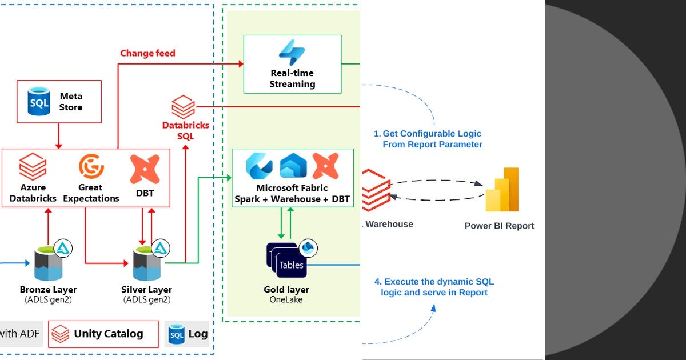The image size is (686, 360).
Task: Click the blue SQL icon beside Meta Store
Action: pyautogui.click(x=39, y=101)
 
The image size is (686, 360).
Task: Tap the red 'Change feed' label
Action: pyautogui.click(x=147, y=53)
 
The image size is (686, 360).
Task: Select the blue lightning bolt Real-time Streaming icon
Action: pyautogui.click(x=292, y=53)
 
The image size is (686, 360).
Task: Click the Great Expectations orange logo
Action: pyautogui.click(x=91, y=166)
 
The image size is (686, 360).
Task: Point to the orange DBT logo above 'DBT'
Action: pyautogui.click(x=145, y=169)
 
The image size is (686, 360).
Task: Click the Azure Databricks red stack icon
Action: pyautogui.click(x=33, y=166)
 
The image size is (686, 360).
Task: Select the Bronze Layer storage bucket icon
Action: pyautogui.click(x=49, y=263)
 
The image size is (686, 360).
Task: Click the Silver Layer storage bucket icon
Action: pyautogui.click(x=147, y=263)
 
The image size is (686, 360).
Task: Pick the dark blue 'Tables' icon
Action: pyautogui.click(x=286, y=260)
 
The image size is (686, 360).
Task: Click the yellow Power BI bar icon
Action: pyautogui.click(x=502, y=190)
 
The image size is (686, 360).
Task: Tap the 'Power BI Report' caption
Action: pyautogui.click(x=499, y=226)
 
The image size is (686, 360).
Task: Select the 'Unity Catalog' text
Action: pyautogui.click(x=109, y=334)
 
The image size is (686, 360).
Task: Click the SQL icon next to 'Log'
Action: pyautogui.click(x=177, y=334)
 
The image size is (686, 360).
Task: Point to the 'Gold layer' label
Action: pyautogui.click(x=286, y=289)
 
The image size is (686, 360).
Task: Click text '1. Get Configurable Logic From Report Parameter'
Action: pyautogui.click(x=428, y=139)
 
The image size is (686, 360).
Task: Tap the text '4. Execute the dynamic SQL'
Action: pyautogui.click(x=434, y=282)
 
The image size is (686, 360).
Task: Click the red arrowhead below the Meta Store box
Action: pyautogui.click(x=58, y=146)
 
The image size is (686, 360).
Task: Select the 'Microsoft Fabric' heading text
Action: pyautogui.click(x=292, y=187)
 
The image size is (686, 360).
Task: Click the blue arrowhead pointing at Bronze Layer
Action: pyautogui.click(x=27, y=263)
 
